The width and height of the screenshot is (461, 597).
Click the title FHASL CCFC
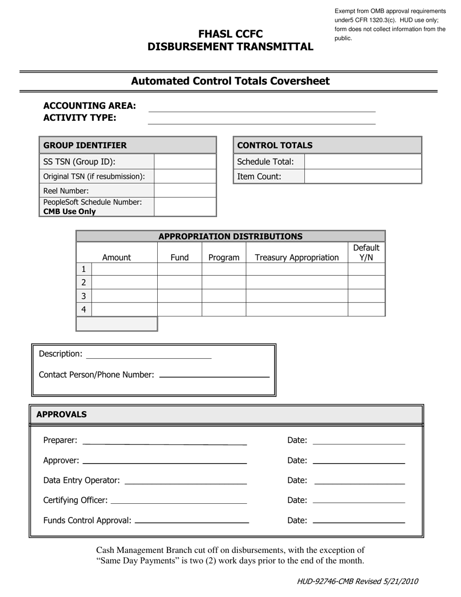coord(230,34)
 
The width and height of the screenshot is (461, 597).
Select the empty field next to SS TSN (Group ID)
coord(184,162)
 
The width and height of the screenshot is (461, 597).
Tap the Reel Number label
coord(66,191)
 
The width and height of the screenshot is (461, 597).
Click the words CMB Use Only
coord(69,212)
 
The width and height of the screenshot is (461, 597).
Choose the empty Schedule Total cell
coord(362,162)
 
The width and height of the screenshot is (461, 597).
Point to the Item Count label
coord(259,177)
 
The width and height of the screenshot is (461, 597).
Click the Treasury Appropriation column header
coord(296,257)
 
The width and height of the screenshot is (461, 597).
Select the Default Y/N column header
coord(366,252)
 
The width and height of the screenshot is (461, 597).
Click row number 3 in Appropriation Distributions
coord(83,296)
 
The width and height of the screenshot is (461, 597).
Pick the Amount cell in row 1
coord(124,269)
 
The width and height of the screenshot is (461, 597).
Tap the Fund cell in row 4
coord(180,309)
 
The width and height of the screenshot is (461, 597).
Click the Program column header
coord(224,257)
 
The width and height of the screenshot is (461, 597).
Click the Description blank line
coord(148,355)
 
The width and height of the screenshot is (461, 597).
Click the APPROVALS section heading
coord(62,414)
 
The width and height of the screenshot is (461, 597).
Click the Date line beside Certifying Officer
coord(359,500)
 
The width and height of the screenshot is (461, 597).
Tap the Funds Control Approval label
coord(87,520)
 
